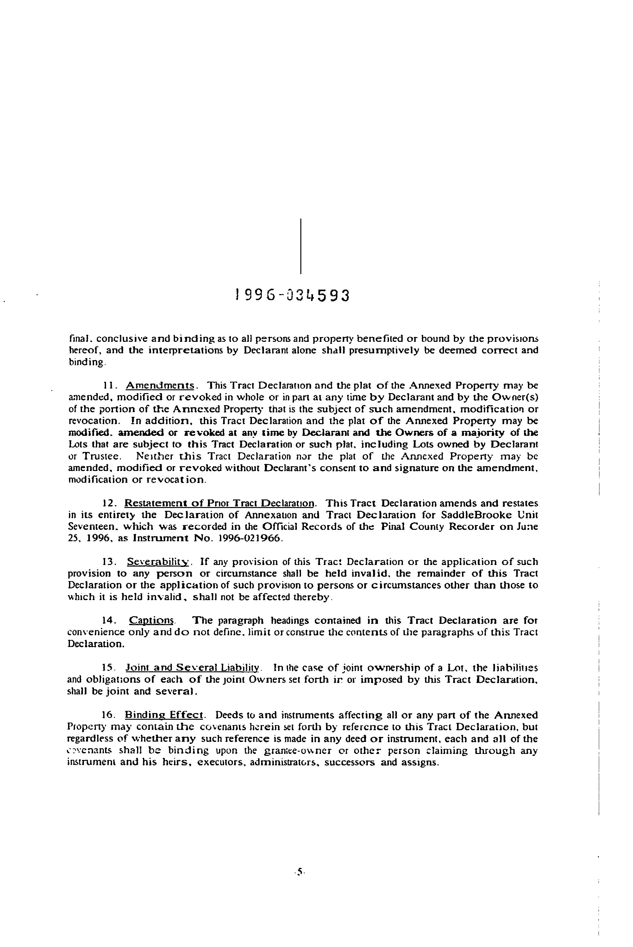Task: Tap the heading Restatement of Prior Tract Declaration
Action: [x=219, y=503]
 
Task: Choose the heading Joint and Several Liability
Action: [x=193, y=668]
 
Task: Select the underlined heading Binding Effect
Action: [x=164, y=715]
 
